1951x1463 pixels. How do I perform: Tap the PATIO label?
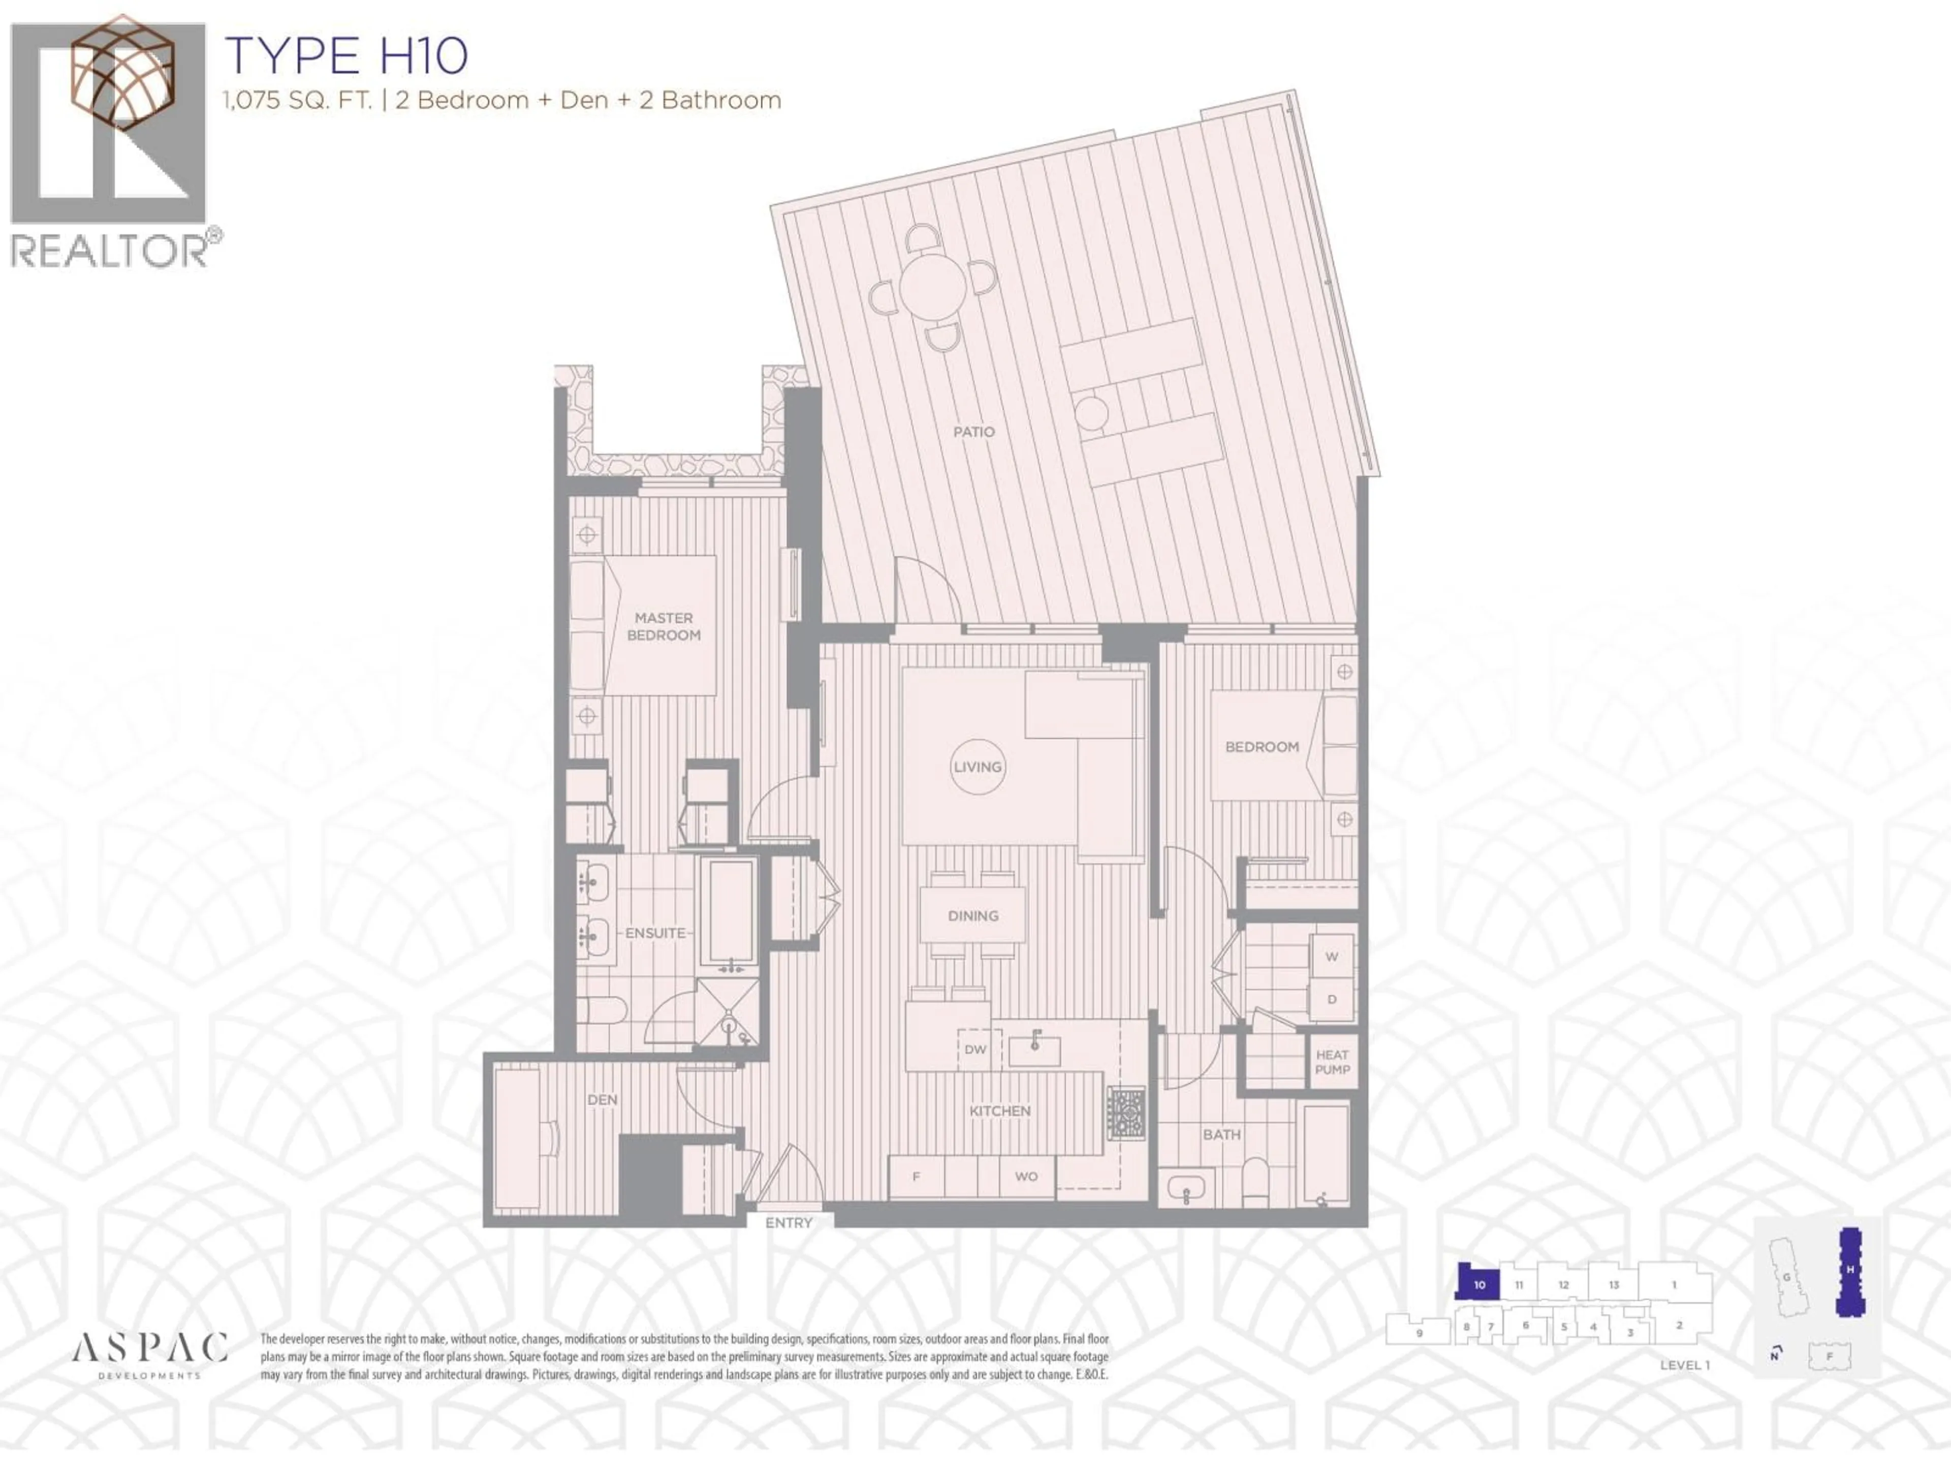(974, 432)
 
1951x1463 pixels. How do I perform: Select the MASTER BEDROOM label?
(663, 626)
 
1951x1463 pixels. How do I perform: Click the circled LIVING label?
(977, 767)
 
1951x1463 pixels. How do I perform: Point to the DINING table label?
(973, 915)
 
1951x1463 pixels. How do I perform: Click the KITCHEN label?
(999, 1110)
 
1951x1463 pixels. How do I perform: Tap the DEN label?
(603, 1100)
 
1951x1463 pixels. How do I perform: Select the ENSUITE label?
(655, 932)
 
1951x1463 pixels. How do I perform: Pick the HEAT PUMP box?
(1332, 1062)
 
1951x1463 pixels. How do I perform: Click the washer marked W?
(1332, 956)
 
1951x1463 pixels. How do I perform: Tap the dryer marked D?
(1332, 999)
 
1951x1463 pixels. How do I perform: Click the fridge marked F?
(916, 1176)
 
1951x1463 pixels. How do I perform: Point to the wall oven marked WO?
(1026, 1176)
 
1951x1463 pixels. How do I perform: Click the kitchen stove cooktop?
(1126, 1113)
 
